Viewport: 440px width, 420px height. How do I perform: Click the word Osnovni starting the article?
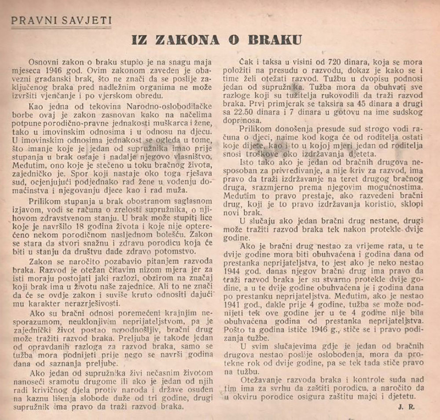[45, 62]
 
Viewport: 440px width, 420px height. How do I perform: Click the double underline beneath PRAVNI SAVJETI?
[61, 28]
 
